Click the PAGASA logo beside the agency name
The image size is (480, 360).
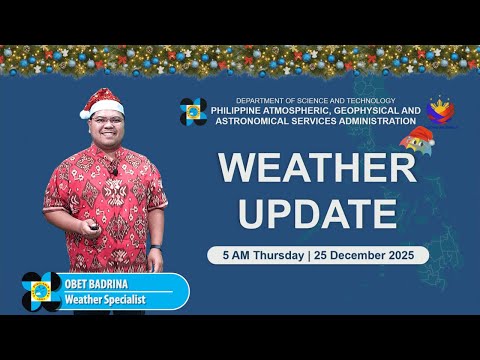(x=193, y=111)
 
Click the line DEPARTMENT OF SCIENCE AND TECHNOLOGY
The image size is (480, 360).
(x=314, y=101)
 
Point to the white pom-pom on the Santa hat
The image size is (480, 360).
(x=85, y=113)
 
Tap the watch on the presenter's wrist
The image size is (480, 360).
(x=156, y=247)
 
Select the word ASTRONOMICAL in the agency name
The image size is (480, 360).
(x=252, y=121)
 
